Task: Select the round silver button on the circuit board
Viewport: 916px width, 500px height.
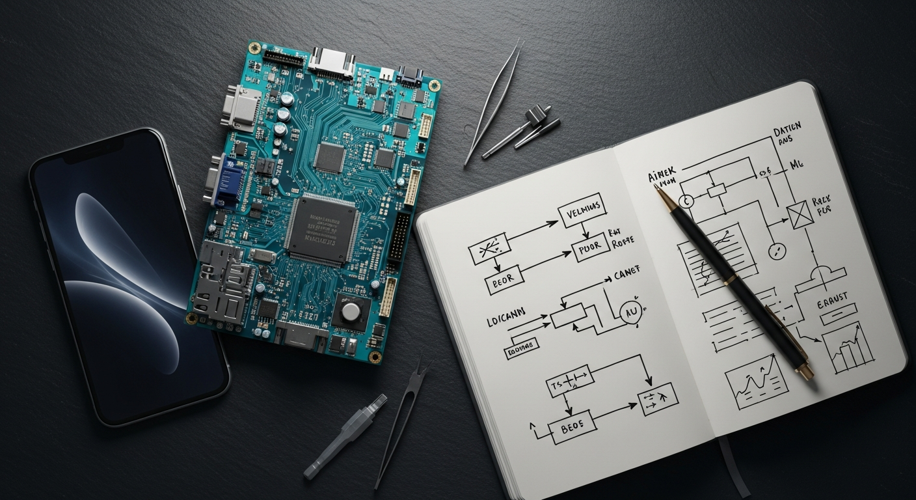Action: (x=351, y=312)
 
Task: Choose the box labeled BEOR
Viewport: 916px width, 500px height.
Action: (x=504, y=280)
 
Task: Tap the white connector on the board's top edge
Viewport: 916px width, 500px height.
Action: (x=330, y=62)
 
